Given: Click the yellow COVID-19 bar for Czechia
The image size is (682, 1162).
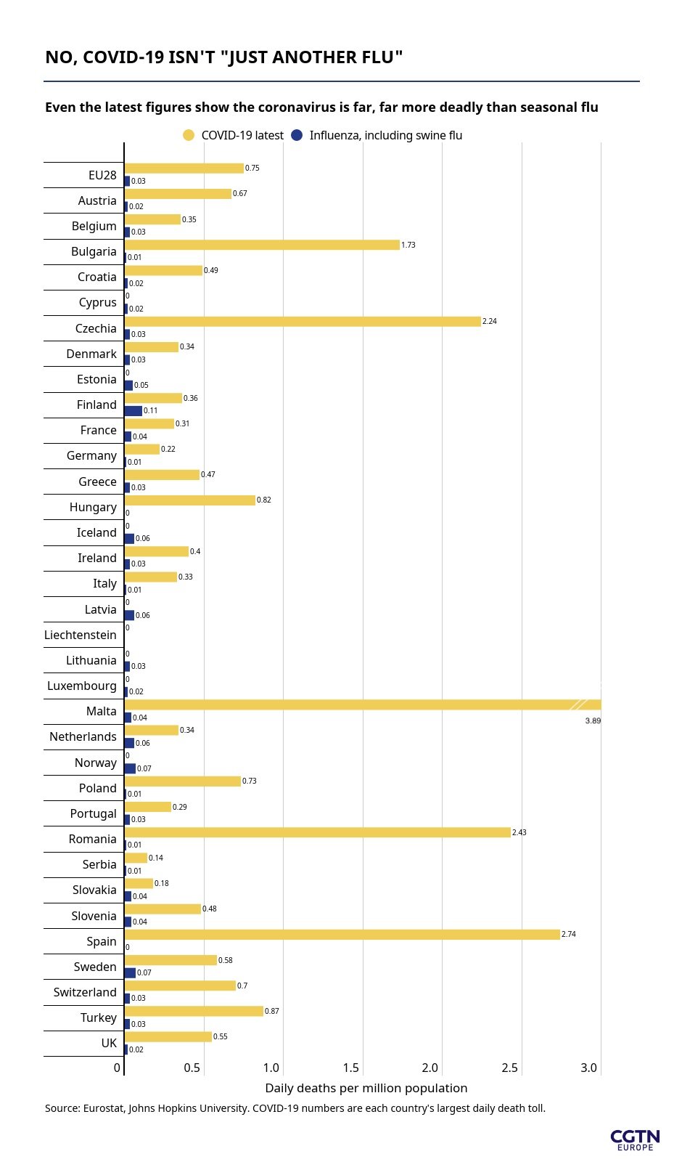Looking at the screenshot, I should pyautogui.click(x=303, y=321).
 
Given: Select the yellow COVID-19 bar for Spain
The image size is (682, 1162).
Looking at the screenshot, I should pyautogui.click(x=342, y=935).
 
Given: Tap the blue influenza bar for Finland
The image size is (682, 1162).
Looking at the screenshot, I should pyautogui.click(x=133, y=411).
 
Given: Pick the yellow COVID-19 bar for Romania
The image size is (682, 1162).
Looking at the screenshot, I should pyautogui.click(x=317, y=832).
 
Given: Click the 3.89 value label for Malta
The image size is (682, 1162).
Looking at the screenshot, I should pyautogui.click(x=593, y=720).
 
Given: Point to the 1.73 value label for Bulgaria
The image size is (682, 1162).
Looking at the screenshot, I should pyautogui.click(x=408, y=245).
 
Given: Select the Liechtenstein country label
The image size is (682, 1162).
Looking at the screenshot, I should pyautogui.click(x=81, y=635).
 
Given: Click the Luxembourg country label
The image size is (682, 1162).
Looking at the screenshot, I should pyautogui.click(x=82, y=686).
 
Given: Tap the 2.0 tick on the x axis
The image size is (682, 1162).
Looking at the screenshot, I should pyautogui.click(x=430, y=1068).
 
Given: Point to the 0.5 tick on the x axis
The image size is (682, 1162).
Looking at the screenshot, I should pyautogui.click(x=192, y=1068).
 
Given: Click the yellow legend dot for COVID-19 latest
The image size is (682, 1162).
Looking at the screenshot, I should pyautogui.click(x=189, y=135).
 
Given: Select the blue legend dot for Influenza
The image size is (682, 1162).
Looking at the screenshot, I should pyautogui.click(x=297, y=135).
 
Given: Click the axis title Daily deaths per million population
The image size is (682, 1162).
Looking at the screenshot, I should pyautogui.click(x=366, y=1088).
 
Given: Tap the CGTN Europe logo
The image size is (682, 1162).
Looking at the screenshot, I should pyautogui.click(x=635, y=1139).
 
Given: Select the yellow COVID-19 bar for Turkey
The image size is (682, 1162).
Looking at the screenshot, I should pyautogui.click(x=194, y=1011).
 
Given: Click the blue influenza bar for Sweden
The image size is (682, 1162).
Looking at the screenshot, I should pyautogui.click(x=130, y=972).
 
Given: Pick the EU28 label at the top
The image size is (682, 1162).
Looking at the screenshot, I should pyautogui.click(x=102, y=175).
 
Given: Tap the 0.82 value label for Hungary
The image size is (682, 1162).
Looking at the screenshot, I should pyautogui.click(x=264, y=500).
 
